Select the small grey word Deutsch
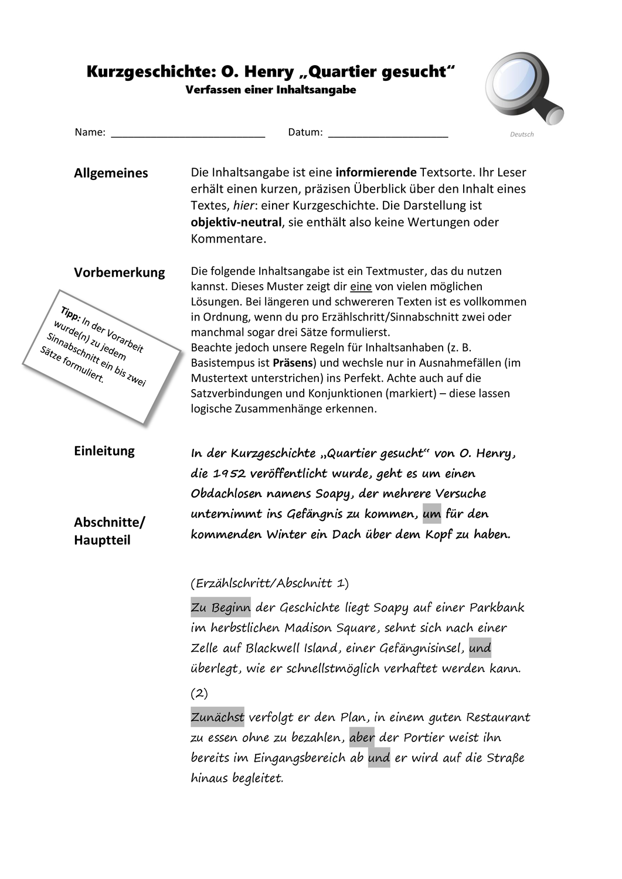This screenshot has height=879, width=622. [x=522, y=134]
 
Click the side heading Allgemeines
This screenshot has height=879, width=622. [x=111, y=173]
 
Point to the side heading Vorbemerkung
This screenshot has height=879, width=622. [x=119, y=272]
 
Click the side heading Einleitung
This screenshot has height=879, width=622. [x=104, y=451]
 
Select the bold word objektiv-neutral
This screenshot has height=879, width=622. [x=236, y=222]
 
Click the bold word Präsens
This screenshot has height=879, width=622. [x=293, y=363]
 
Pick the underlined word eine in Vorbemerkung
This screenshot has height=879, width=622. [x=361, y=287]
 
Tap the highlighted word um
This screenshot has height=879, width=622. [x=431, y=514]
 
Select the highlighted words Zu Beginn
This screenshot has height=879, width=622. [x=220, y=608]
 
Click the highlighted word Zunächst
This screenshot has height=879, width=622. [x=217, y=717]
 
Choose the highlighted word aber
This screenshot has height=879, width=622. [x=362, y=737]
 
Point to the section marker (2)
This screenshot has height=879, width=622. [x=199, y=693]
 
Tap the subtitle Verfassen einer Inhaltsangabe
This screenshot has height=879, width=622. [x=270, y=90]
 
